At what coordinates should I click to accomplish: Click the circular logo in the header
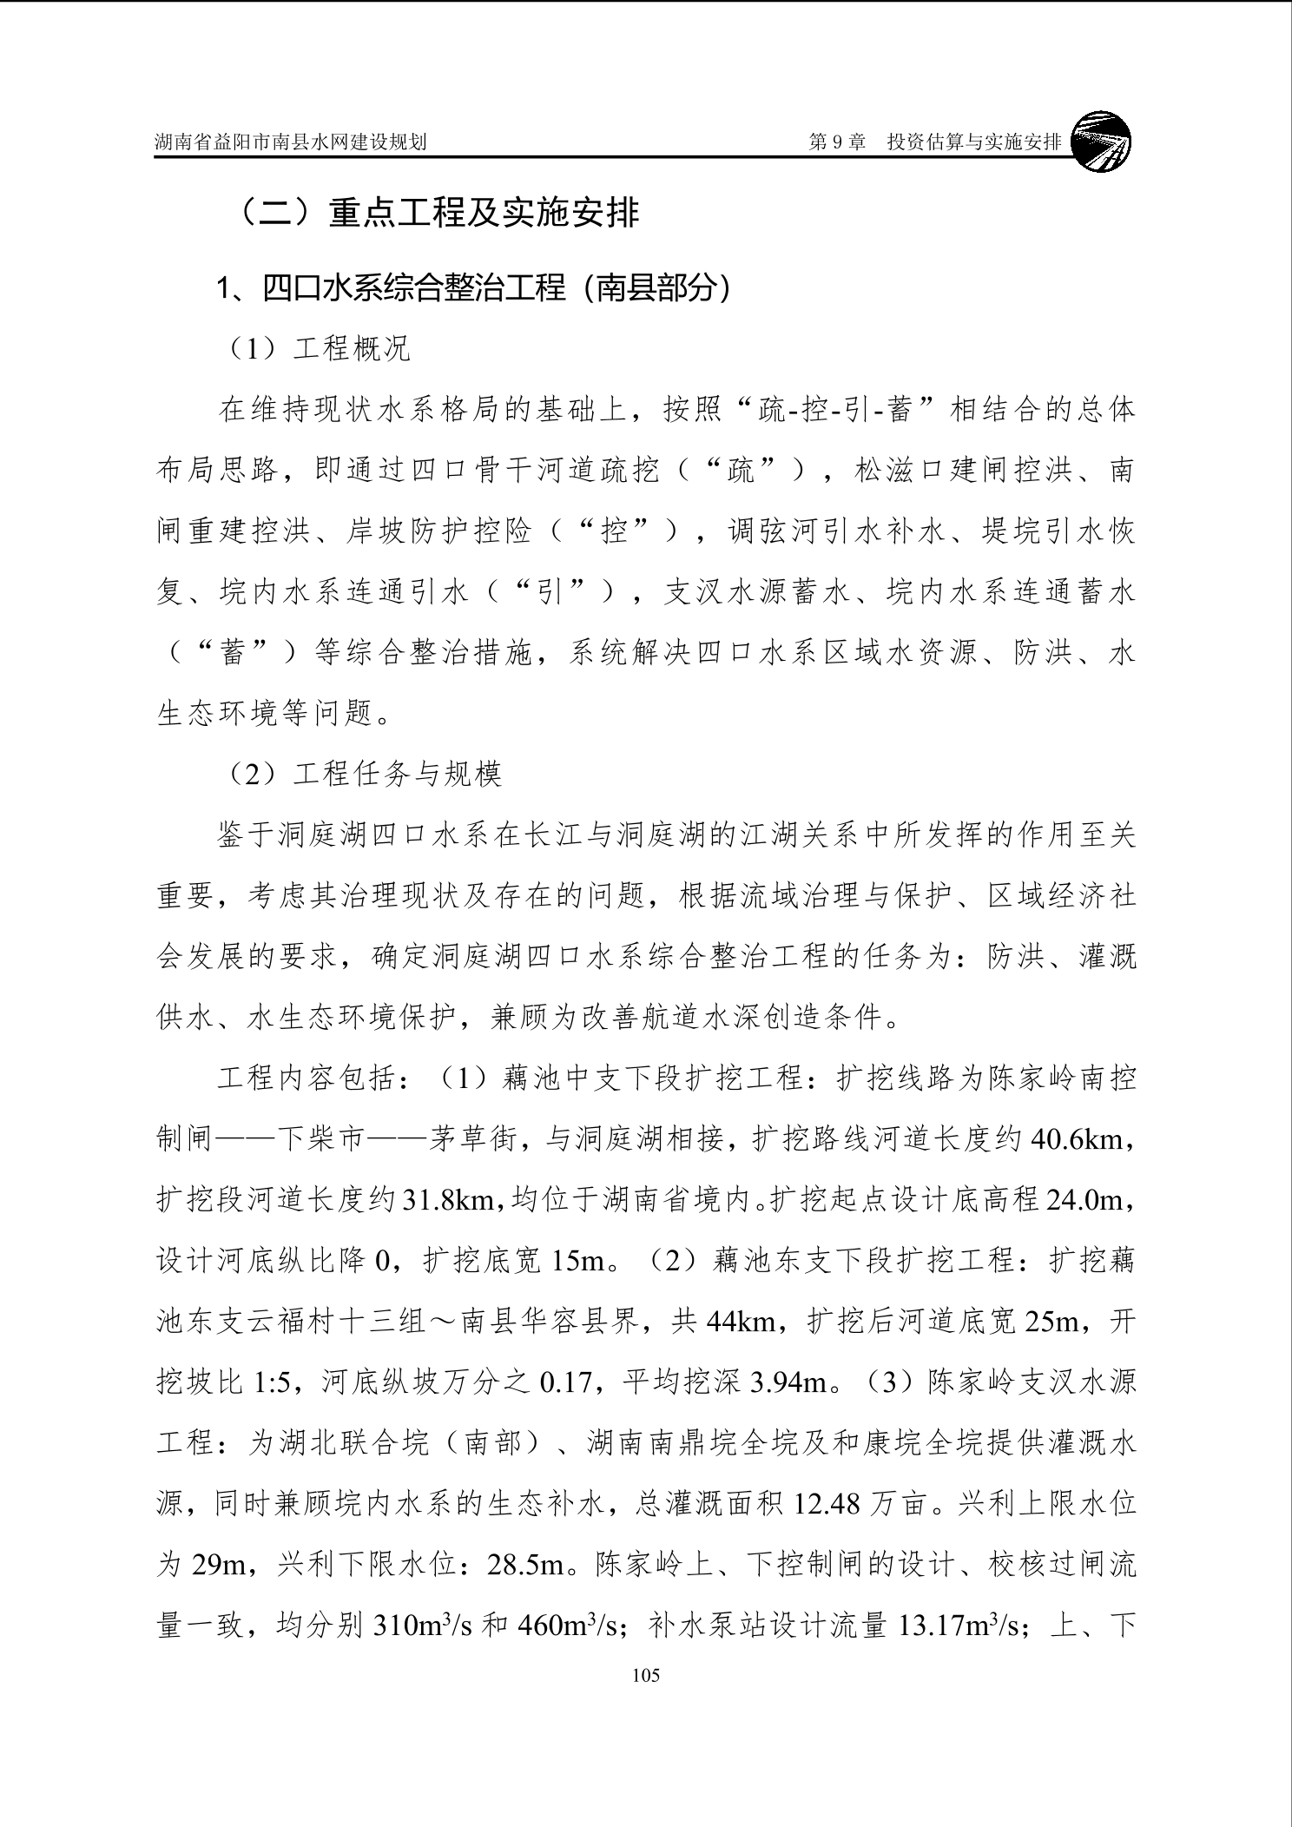[1102, 142]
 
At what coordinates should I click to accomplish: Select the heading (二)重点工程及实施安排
[439, 214]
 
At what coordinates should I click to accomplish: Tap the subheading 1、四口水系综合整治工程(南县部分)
[474, 287]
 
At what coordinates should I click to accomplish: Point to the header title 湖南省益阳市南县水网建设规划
[291, 142]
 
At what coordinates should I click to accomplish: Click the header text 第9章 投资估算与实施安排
[934, 142]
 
